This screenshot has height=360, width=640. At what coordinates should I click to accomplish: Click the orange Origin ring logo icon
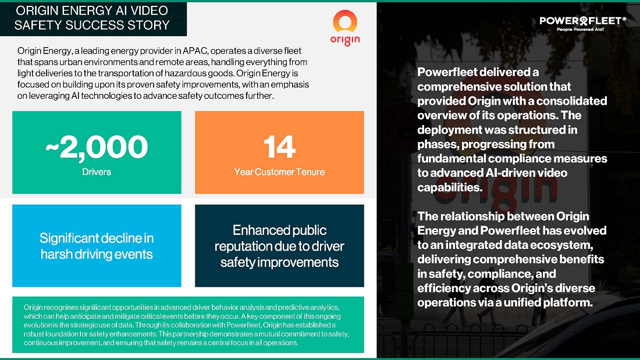tap(345, 15)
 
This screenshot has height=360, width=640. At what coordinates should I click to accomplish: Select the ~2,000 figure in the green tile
tap(97, 147)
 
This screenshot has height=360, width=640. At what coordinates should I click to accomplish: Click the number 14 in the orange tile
tap(280, 147)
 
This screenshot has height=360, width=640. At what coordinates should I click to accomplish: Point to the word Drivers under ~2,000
tap(97, 172)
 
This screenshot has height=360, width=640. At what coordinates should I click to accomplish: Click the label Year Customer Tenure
tap(280, 172)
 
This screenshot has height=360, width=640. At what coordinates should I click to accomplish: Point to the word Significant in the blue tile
tap(69, 238)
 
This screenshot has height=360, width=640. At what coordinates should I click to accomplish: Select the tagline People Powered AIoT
tap(581, 30)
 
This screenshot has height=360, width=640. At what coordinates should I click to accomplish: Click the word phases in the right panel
tap(436, 144)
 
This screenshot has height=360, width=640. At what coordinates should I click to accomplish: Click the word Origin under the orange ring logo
tap(345, 40)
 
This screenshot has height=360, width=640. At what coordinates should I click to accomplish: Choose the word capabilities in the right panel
tap(450, 187)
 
